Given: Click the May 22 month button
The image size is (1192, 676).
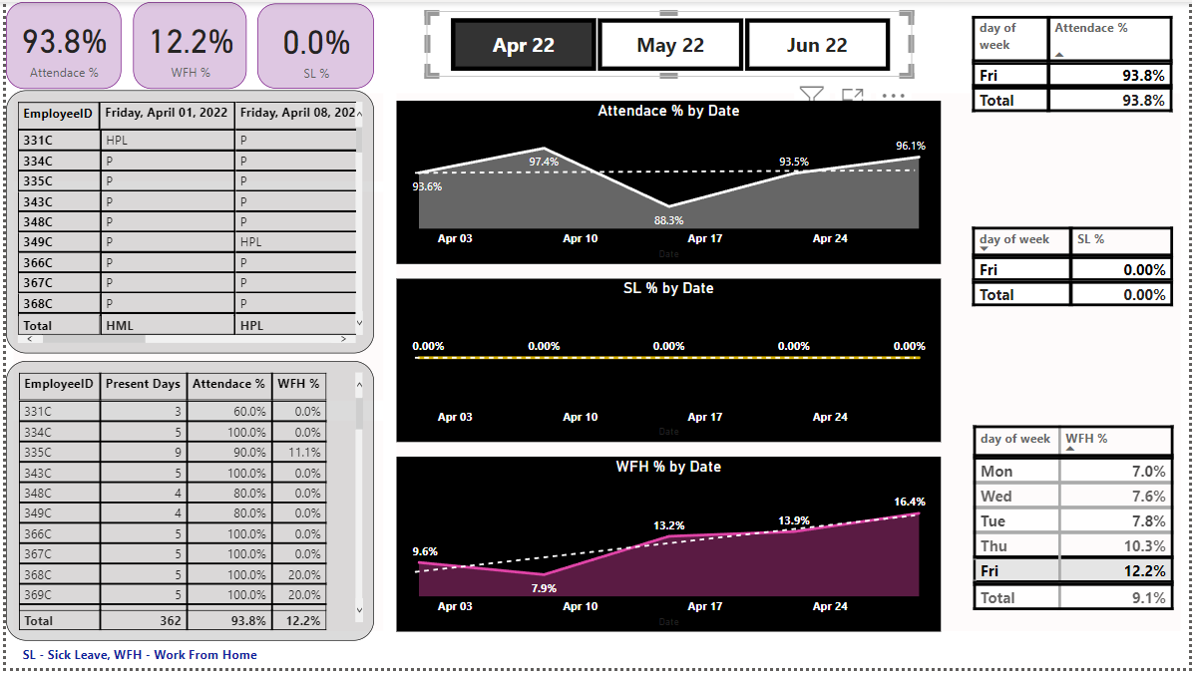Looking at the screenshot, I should [x=670, y=45].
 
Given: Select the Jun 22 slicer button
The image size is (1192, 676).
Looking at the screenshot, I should [x=817, y=45].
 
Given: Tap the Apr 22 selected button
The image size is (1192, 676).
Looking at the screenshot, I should [x=524, y=45].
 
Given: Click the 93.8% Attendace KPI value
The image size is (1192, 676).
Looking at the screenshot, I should [x=64, y=42].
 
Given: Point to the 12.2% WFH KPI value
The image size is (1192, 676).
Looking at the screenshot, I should [x=191, y=42].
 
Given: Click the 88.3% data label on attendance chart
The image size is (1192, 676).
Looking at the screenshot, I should [x=668, y=220].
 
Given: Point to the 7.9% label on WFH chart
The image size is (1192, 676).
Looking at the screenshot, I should [x=544, y=588].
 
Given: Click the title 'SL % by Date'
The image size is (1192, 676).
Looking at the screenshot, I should [x=668, y=288].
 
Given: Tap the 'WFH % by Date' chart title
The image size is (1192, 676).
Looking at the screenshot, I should [x=668, y=467].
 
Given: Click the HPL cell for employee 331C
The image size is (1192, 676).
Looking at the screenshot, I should [x=117, y=141].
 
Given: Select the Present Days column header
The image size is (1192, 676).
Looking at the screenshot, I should [x=143, y=384].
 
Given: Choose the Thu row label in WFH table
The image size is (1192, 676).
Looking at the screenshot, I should [x=994, y=546].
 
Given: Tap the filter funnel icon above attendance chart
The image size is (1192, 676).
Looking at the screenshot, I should [x=812, y=96].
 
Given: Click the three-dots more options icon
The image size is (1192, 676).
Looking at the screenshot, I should [x=893, y=96].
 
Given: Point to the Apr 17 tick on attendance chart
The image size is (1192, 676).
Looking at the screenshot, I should [x=704, y=238].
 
